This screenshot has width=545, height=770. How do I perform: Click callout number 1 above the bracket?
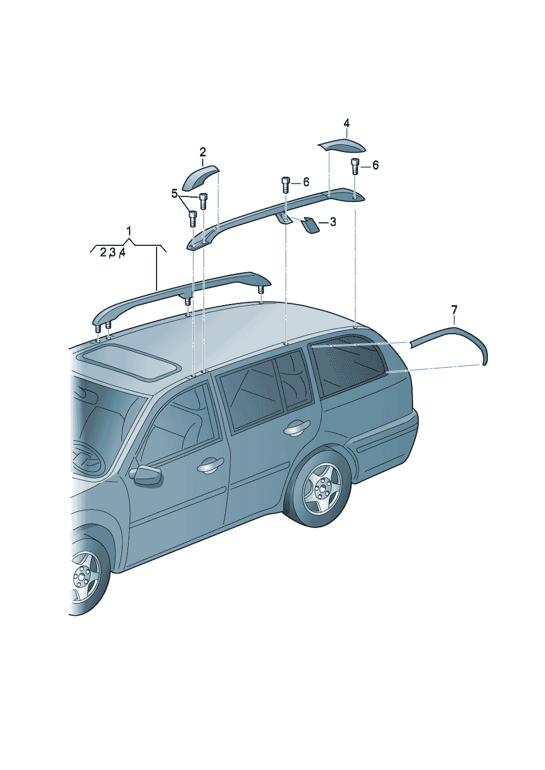point(129,232)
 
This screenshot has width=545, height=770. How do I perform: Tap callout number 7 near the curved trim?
point(454,310)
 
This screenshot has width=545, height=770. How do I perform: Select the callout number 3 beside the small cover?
point(333,222)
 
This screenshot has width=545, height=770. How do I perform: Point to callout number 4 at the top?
point(347,123)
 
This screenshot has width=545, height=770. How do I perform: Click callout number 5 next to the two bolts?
point(175,194)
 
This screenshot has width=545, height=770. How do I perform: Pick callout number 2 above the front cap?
point(203,151)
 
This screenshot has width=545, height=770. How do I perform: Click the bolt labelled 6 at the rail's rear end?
point(354,166)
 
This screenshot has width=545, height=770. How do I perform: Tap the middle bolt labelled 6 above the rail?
point(286,184)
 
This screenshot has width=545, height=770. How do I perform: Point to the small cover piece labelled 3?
point(310,226)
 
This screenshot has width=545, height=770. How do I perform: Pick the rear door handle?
point(298,428)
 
